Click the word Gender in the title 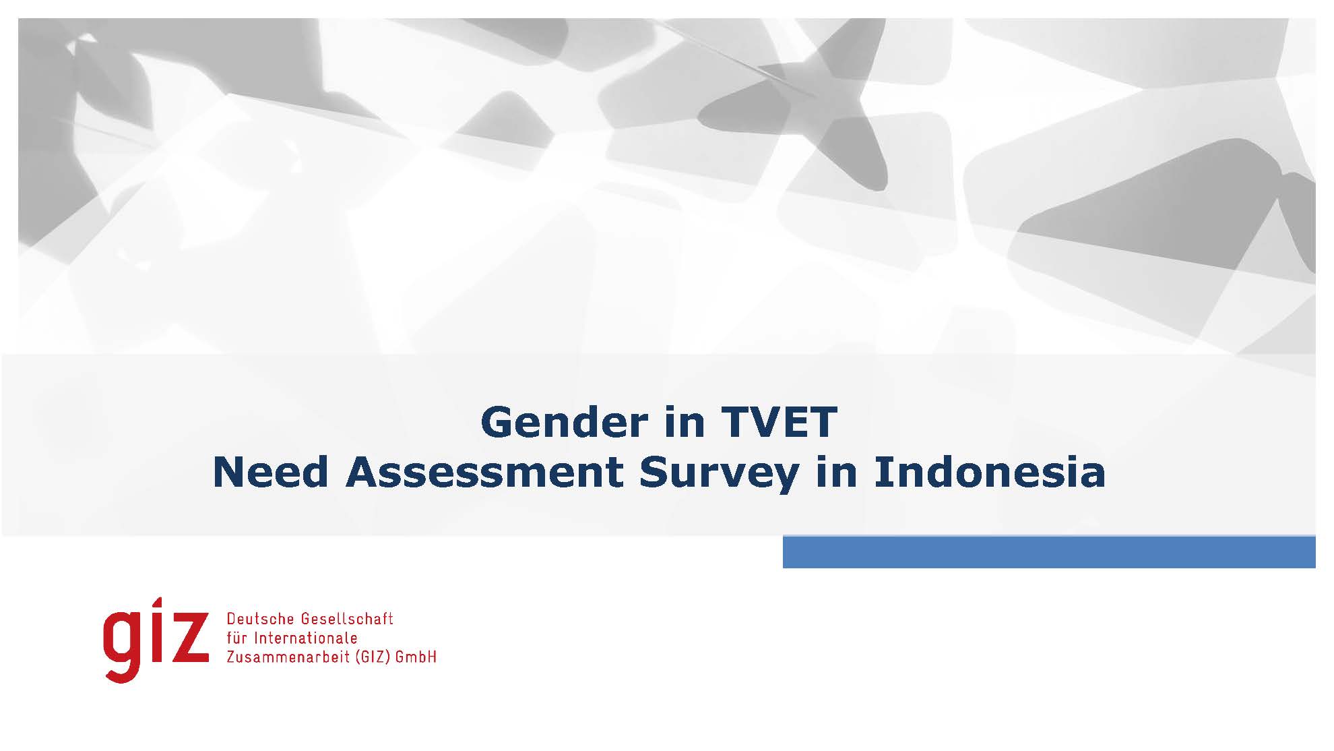[564, 422]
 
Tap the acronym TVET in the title [780, 422]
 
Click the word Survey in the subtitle [719, 475]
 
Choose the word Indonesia [990, 473]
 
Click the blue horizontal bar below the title [1049, 552]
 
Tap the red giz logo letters [156, 640]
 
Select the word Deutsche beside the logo [261, 619]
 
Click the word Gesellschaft [347, 619]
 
